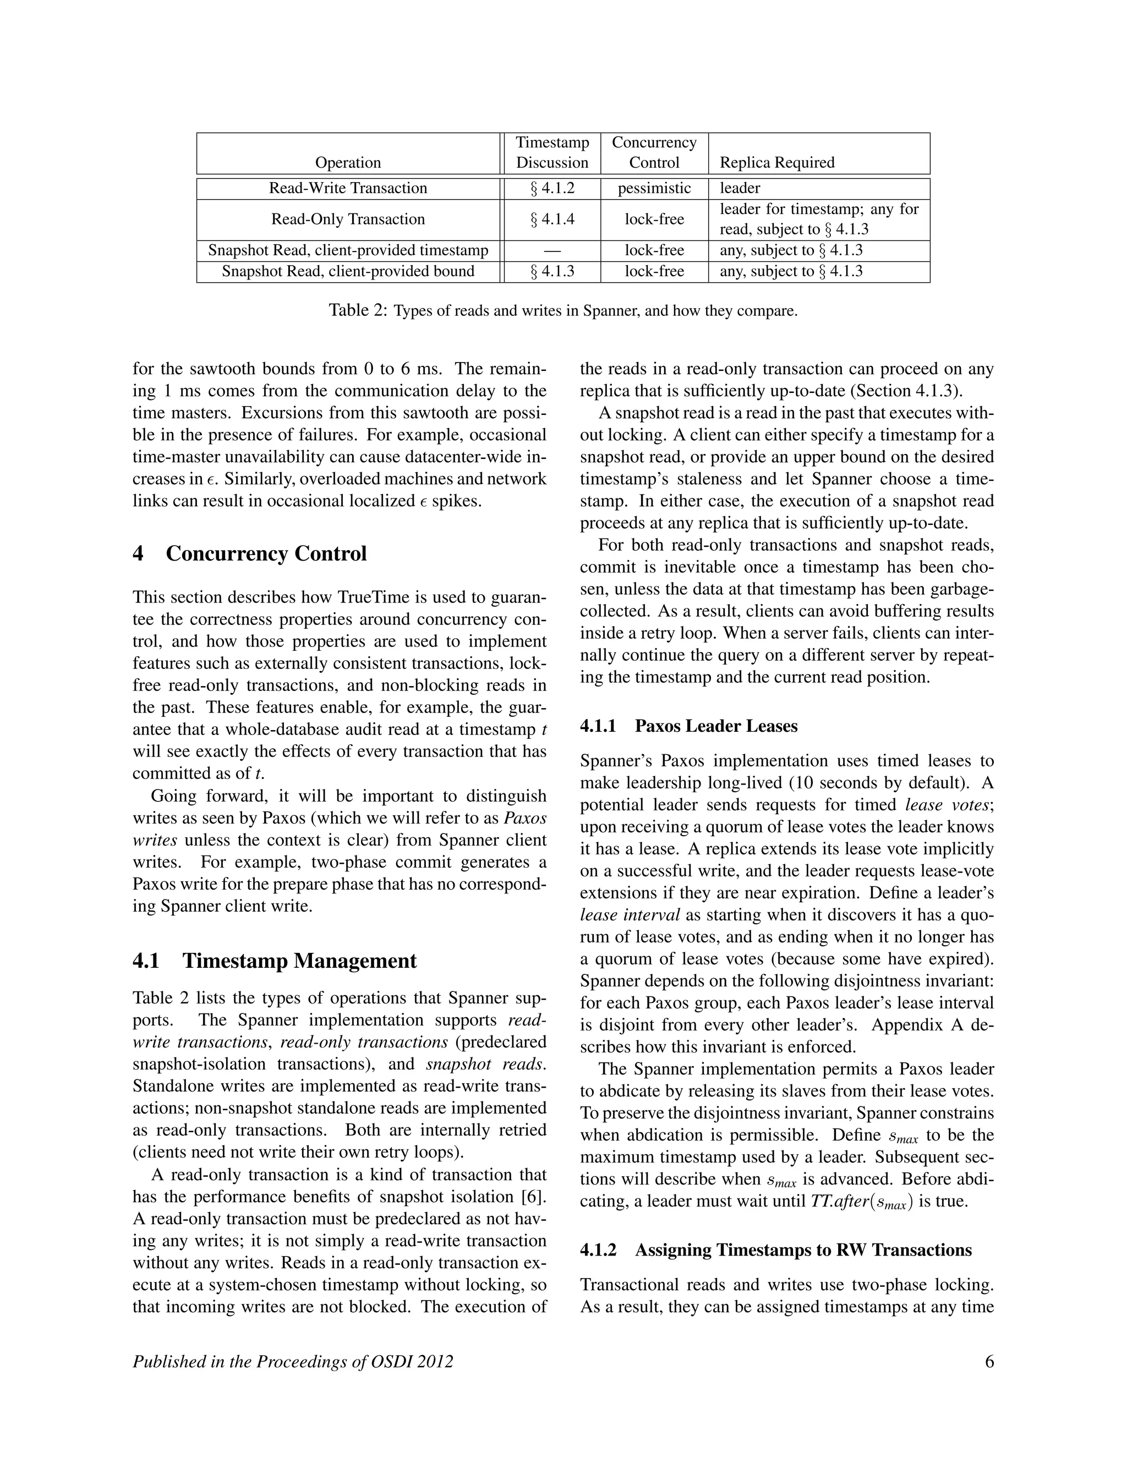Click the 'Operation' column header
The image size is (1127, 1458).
coord(348,162)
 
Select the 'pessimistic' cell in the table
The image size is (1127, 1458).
coord(654,188)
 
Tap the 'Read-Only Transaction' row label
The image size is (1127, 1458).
coord(348,219)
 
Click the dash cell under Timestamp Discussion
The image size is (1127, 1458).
coord(552,251)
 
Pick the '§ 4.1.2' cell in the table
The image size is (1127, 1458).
coord(552,188)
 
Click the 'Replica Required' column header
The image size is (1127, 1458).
coord(776,162)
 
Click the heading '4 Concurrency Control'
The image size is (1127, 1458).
coord(250,553)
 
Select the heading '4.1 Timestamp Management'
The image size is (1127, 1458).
coord(275,961)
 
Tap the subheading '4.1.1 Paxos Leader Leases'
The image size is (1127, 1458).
coord(688,726)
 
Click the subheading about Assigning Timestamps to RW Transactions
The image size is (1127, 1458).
coord(775,1249)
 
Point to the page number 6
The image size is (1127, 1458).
coord(989,1361)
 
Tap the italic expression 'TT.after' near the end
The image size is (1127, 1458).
coord(840,1202)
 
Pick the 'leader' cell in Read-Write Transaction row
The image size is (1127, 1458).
coord(740,188)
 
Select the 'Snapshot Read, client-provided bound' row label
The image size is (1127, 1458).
coord(348,271)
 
